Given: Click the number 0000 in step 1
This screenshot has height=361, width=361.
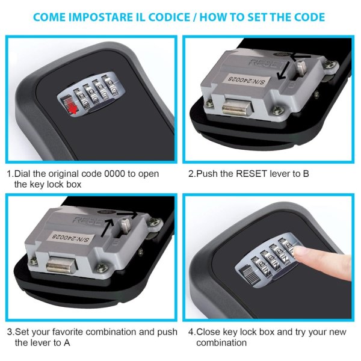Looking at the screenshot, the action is [x=114, y=174].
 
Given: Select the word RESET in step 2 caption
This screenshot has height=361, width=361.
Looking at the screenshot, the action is [x=252, y=174].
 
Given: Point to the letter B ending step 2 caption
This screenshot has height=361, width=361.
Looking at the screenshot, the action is [x=306, y=174].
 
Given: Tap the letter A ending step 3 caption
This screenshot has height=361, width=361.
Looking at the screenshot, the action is [x=67, y=343].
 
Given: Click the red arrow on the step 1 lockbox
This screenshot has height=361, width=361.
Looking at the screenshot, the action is [x=73, y=110].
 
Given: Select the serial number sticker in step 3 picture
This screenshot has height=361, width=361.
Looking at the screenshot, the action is [x=71, y=238].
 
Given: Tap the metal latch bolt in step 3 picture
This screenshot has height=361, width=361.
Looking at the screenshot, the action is [x=61, y=265].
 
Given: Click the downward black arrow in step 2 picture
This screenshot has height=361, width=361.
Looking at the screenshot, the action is [x=283, y=70].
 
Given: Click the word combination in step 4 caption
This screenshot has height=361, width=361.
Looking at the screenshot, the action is [x=221, y=343].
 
